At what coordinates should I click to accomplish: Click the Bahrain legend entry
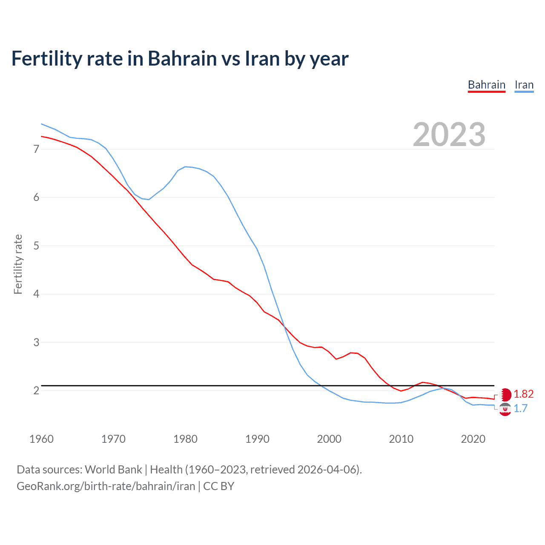[486, 85]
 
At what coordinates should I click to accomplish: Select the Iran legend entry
[524, 85]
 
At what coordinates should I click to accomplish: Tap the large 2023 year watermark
[449, 135]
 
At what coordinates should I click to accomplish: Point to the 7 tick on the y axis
[36, 149]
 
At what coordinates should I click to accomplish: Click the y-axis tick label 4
[36, 294]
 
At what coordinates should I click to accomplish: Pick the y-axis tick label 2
[36, 390]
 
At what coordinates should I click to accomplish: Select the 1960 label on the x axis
[41, 439]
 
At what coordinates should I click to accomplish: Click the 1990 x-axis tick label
[257, 439]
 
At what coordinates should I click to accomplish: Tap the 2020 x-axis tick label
[473, 439]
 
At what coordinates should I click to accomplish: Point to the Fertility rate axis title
[18, 264]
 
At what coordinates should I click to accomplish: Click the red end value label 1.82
[523, 394]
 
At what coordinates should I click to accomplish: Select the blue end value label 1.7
[520, 409]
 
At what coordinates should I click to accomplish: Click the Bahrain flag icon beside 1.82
[505, 395]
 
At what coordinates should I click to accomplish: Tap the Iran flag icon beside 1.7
[505, 410]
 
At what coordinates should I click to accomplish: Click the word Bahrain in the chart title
[182, 59]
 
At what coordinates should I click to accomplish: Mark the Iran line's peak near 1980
[185, 166]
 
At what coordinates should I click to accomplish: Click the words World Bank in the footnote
[113, 470]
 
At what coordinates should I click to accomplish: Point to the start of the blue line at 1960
[41, 124]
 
